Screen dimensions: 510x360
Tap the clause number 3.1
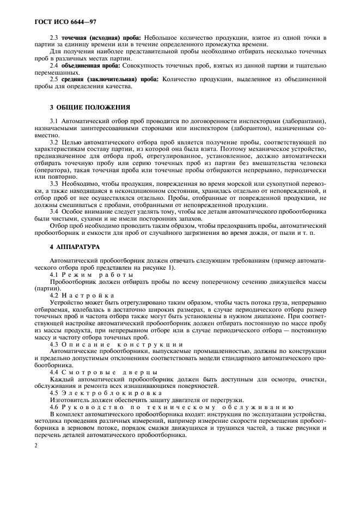[x=54, y=120]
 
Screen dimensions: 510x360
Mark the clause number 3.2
[x=54, y=142]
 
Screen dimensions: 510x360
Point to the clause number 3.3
[x=54, y=184]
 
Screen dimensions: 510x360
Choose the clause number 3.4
[x=54, y=211]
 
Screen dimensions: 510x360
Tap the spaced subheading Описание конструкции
[x=121, y=344]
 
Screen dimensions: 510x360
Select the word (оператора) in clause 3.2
[x=53, y=170]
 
